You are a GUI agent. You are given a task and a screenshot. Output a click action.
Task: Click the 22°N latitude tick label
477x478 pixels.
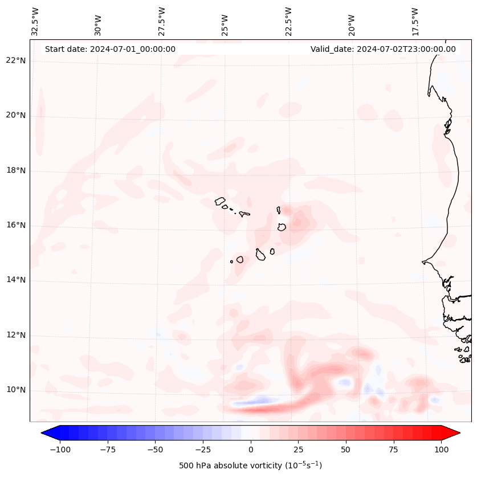[x=15, y=61]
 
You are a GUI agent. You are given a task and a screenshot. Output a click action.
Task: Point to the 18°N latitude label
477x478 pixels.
[x=15, y=170]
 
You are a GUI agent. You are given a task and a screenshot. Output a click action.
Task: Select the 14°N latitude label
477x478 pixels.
[x=15, y=280]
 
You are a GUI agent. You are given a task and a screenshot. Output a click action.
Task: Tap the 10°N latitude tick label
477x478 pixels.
[x=15, y=390]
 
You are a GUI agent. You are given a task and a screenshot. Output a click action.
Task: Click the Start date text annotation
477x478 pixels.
[x=110, y=49]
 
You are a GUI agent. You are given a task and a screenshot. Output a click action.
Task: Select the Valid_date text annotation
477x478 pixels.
[x=383, y=49]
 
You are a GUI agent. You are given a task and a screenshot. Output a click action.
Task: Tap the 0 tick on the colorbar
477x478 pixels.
[x=251, y=450]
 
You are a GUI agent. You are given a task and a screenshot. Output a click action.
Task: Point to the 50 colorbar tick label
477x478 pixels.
[x=346, y=450]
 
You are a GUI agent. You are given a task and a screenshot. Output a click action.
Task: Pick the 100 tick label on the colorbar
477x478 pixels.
[x=441, y=450]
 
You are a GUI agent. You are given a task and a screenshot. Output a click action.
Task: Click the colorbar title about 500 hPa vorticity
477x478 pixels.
[x=250, y=465]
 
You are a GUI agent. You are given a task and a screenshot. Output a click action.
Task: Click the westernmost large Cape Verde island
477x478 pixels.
[x=220, y=201]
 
